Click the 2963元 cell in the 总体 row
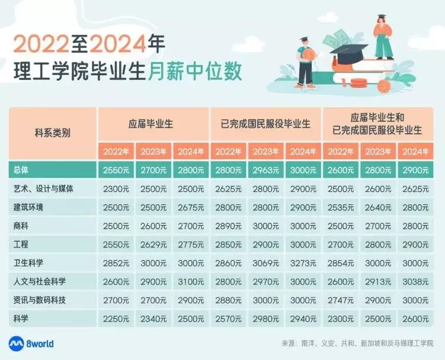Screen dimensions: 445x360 coord(265,170)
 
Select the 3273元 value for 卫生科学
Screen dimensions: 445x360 coord(303,263)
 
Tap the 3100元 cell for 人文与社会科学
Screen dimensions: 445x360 coord(191,282)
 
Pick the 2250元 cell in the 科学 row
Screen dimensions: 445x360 coord(116,319)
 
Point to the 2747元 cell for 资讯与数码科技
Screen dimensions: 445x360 coord(341,300)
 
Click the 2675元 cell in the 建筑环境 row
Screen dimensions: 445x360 coord(191,207)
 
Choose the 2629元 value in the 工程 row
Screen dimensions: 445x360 coord(153,245)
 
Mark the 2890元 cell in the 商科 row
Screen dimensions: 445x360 coord(228,226)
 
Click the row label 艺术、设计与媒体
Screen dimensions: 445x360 coord(43,189)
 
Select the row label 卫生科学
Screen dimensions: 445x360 coord(28,263)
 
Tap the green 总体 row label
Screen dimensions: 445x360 coord(21,170)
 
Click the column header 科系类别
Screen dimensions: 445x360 coord(53,133)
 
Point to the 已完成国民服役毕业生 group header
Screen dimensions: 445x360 coord(265,124)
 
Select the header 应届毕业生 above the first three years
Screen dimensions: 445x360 coord(151,124)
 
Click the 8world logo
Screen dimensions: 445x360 coord(31,344)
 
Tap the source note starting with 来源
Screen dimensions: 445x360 coord(357,343)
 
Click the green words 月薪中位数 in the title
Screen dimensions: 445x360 coord(194,71)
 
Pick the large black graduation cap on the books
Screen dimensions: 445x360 coord(349,54)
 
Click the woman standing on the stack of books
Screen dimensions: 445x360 coord(383,37)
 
